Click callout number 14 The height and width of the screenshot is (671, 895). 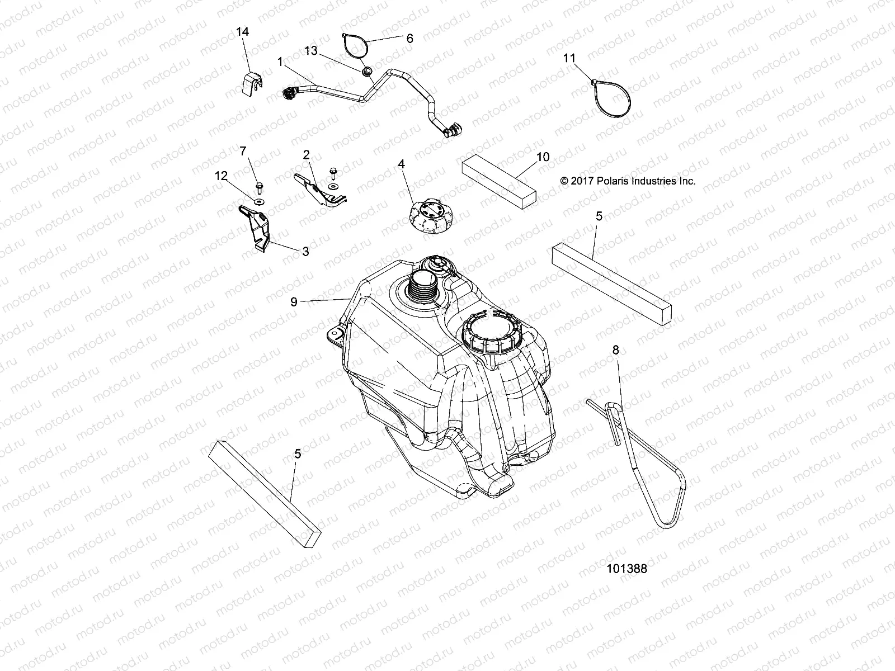pyautogui.click(x=242, y=32)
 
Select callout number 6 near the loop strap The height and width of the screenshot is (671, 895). pyautogui.click(x=409, y=39)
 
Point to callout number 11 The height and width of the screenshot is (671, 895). pyautogui.click(x=569, y=58)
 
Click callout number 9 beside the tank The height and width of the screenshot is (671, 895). pyautogui.click(x=294, y=302)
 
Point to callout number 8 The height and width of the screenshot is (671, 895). pyautogui.click(x=616, y=351)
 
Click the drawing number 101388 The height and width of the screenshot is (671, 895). pyautogui.click(x=626, y=569)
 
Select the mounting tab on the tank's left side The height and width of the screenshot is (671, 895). pyautogui.click(x=335, y=334)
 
